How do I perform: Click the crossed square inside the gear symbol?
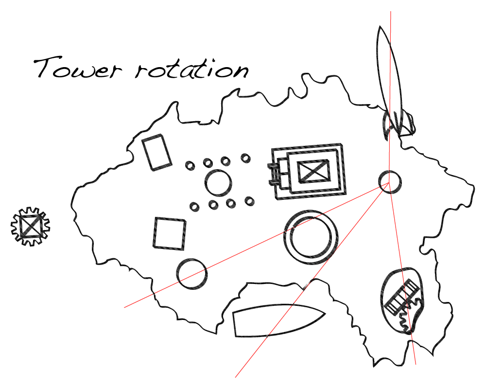click(30, 226)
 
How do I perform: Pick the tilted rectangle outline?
click(156, 152)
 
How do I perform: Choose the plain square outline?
click(170, 233)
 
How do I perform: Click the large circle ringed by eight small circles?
click(218, 183)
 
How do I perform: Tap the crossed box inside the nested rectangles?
click(313, 171)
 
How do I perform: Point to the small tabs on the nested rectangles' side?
click(273, 175)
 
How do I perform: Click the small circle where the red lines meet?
click(390, 182)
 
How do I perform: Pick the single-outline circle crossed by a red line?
click(191, 274)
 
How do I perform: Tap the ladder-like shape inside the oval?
click(401, 297)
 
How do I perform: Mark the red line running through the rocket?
click(390, 73)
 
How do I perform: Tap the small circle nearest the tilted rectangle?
click(190, 165)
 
